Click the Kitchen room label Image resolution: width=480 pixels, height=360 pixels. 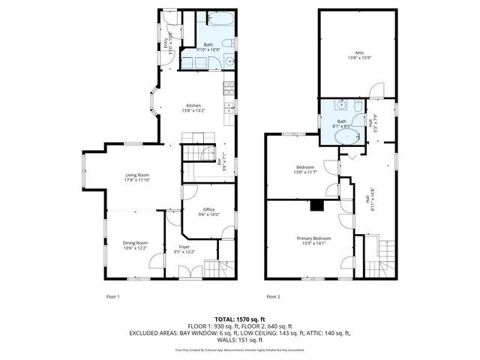(x=194, y=105)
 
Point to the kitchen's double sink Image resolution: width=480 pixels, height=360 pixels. (x=226, y=115)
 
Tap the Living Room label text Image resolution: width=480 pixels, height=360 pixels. (x=137, y=175)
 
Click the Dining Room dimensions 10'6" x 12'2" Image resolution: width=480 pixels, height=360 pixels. (x=136, y=247)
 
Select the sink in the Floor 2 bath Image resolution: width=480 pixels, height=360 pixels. (x=341, y=107)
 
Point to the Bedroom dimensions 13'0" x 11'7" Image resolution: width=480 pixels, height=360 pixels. (x=306, y=172)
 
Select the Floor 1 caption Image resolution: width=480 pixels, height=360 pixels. (x=113, y=296)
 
